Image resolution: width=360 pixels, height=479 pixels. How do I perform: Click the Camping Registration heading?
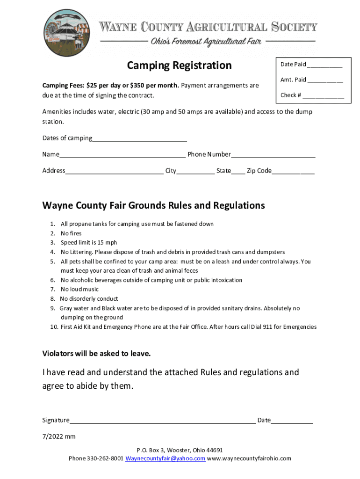[179, 65]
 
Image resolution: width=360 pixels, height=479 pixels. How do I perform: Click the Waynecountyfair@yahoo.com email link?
[165, 458]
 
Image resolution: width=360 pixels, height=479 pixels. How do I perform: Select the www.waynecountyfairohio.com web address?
[249, 458]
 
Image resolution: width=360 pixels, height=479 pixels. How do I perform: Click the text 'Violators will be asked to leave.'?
[96, 354]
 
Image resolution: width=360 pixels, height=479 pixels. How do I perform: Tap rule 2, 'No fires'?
[71, 233]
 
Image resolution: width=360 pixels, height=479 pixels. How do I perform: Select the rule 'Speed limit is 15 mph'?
[89, 243]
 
